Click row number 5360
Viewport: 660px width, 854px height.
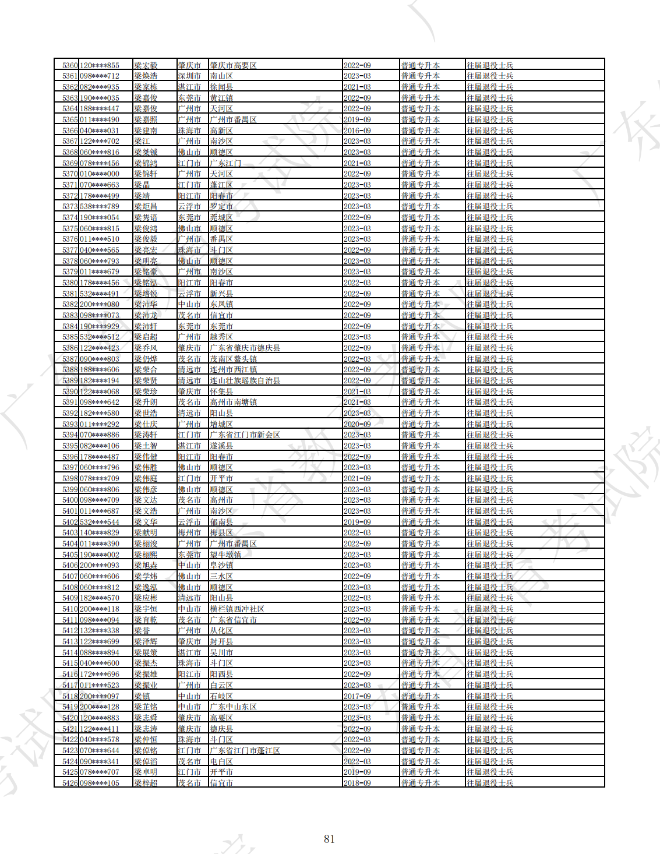coord(70,65)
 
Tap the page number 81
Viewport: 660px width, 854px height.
coord(329,839)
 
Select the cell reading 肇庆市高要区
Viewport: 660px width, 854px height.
coord(233,65)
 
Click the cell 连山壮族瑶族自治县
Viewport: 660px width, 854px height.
coord(245,380)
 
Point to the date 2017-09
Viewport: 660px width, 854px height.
coord(357,696)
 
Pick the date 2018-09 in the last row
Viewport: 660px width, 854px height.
coord(357,783)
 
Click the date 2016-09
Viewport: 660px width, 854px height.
coord(357,130)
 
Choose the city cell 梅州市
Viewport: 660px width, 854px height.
coord(189,532)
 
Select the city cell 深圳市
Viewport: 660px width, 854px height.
coord(189,76)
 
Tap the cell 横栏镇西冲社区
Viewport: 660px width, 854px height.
coord(237,609)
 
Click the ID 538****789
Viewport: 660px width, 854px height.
coord(100,207)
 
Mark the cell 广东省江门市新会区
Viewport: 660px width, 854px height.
coord(245,435)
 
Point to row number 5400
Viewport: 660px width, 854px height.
coord(70,500)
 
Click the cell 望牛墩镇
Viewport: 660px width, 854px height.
coord(225,555)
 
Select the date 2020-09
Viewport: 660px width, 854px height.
coord(357,424)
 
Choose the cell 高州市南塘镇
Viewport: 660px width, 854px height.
coord(233,402)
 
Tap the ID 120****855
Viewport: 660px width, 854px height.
coord(100,65)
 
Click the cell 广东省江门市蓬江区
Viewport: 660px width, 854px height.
coord(245,750)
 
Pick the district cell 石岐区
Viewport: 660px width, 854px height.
coord(221,696)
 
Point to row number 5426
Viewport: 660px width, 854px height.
coord(70,783)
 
